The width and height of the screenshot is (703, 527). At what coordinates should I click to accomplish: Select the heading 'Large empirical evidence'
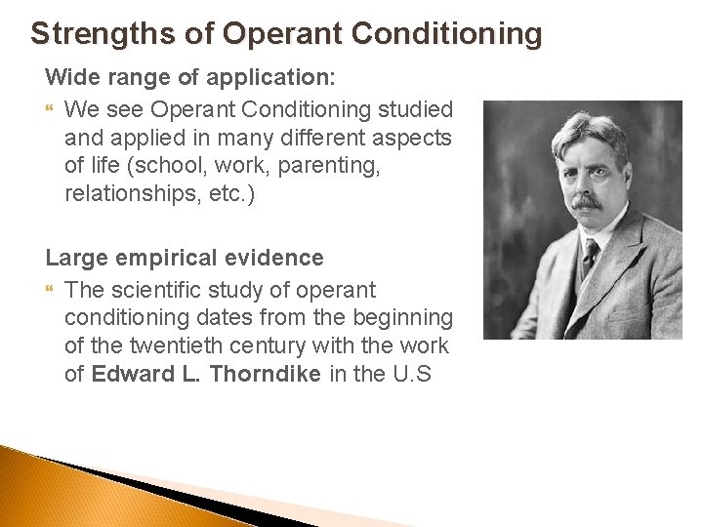pos(185,258)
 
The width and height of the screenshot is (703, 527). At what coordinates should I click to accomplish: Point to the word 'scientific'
pos(156,290)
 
